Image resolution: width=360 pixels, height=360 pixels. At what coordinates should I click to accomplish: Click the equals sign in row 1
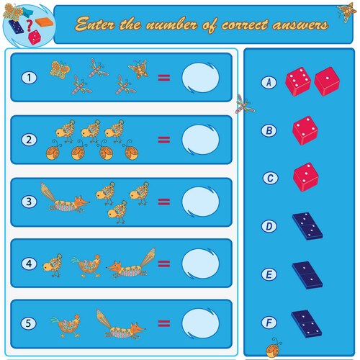164,77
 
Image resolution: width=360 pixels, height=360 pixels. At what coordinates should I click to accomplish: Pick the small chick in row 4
51,266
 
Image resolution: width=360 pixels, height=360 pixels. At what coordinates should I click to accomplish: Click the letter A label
269,83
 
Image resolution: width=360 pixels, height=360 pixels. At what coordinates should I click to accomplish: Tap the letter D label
269,226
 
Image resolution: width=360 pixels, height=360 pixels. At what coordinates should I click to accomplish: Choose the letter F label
269,321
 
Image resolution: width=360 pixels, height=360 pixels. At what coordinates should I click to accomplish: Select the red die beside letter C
305,176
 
